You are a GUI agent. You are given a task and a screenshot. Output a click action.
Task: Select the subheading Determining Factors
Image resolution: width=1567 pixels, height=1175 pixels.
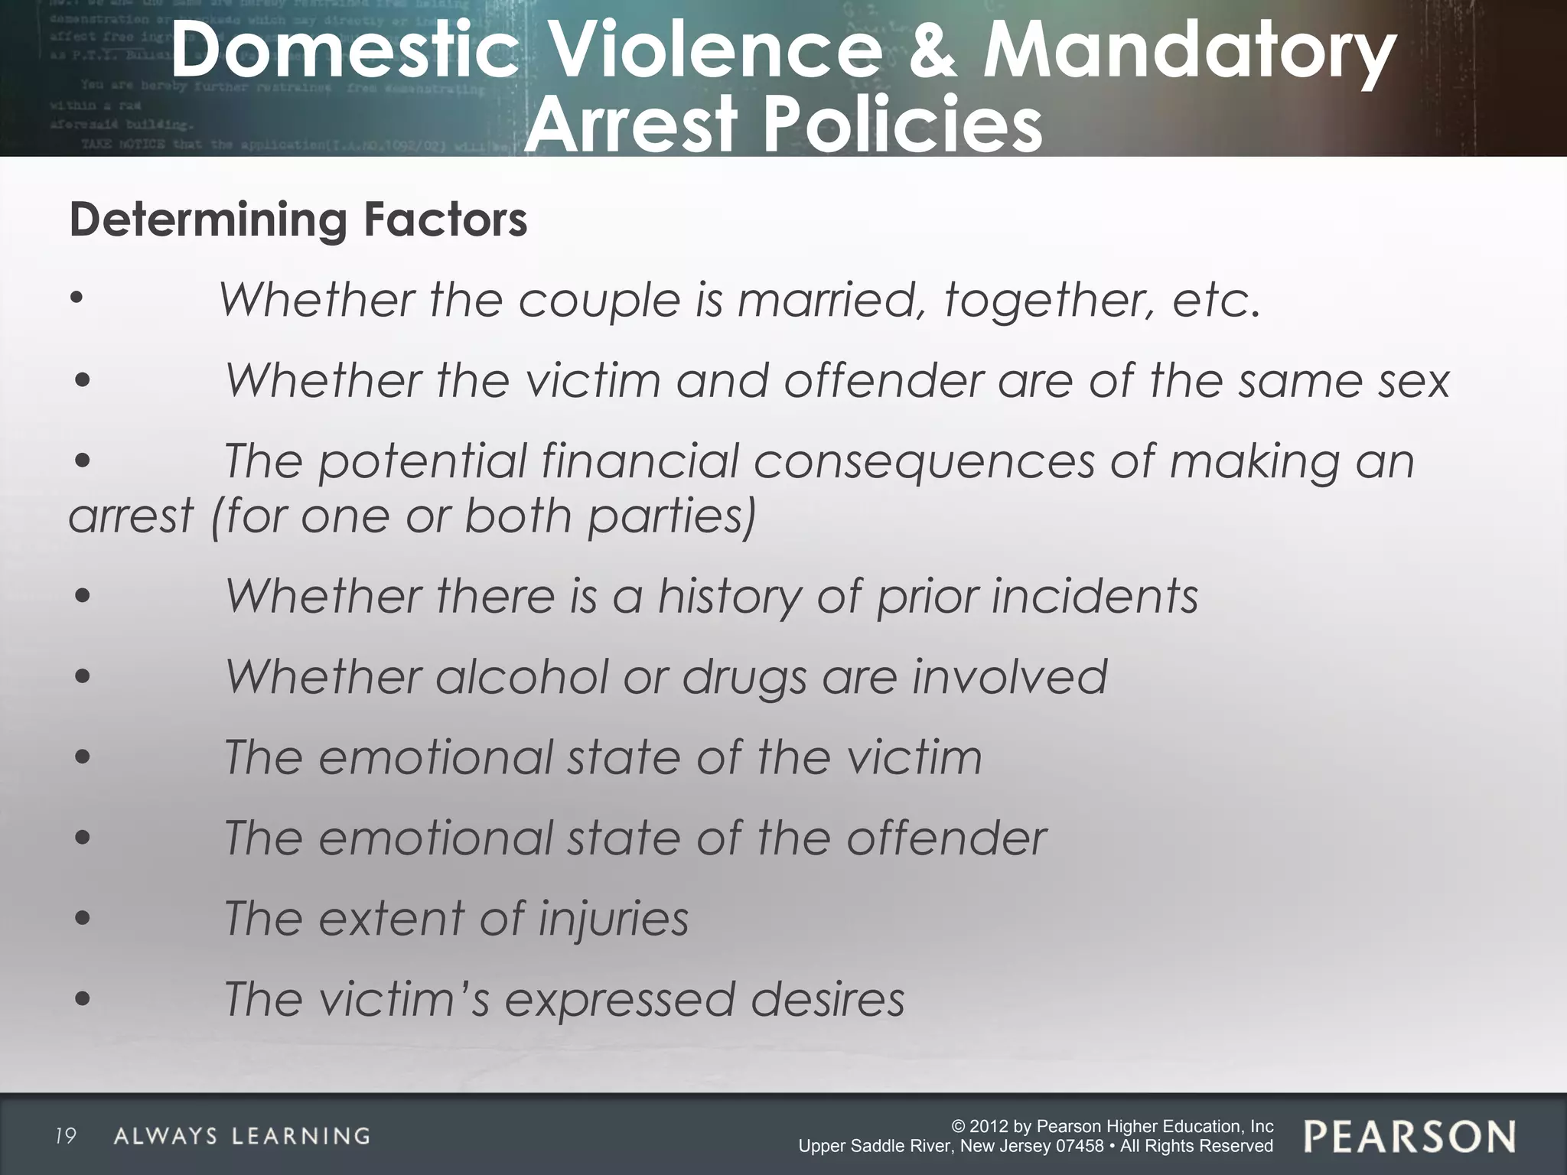[x=298, y=220]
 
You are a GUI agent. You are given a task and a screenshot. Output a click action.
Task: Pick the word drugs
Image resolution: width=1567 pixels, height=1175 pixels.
[x=744, y=678]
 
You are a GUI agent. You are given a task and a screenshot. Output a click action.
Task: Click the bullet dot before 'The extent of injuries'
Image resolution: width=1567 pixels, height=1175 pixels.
[x=83, y=919]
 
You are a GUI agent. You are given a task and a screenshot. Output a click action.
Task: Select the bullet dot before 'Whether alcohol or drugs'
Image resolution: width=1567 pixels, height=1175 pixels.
[x=83, y=677]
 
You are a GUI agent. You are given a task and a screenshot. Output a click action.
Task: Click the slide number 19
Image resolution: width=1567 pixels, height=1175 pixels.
[x=66, y=1136]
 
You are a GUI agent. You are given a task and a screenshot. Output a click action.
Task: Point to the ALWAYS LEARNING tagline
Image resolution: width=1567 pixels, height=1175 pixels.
[x=242, y=1136]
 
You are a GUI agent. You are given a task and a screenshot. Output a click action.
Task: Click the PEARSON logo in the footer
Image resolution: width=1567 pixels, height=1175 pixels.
[x=1409, y=1136]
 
